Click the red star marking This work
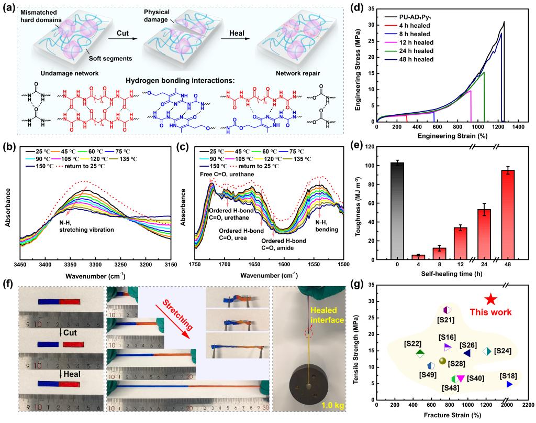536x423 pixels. (490, 299)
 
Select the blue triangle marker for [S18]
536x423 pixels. (509, 384)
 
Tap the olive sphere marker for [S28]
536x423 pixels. (442, 361)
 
